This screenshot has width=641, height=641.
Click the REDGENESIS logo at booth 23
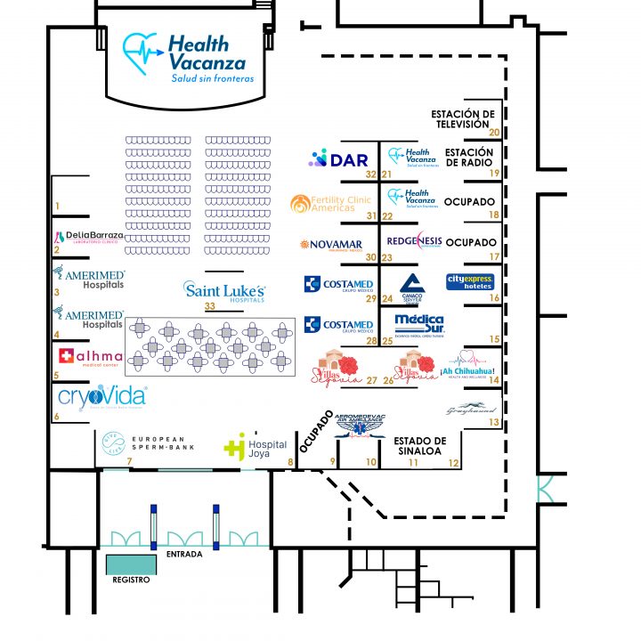tap(414, 241)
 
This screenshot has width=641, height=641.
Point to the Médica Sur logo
tap(419, 325)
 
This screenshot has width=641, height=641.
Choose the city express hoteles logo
tap(470, 282)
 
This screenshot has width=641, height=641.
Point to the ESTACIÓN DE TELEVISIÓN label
tap(462, 119)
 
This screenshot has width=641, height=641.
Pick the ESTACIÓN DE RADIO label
tap(469, 158)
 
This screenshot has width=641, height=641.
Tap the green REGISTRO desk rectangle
tap(131, 564)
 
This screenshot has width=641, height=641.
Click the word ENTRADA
tap(184, 555)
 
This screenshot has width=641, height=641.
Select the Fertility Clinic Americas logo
tap(330, 203)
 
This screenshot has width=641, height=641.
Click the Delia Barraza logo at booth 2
tap(89, 236)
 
